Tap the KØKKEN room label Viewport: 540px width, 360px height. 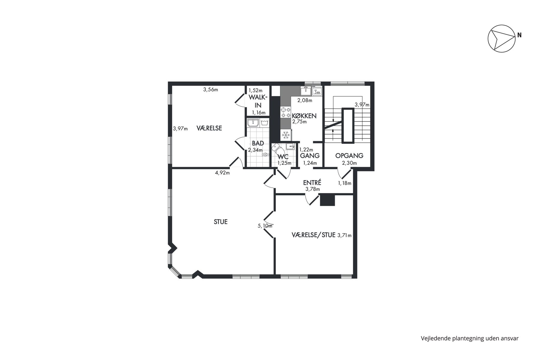[x=304, y=116]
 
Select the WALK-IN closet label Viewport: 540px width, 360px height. [x=258, y=101]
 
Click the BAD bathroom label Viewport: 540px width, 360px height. [x=258, y=143]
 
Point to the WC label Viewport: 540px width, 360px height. [x=283, y=157]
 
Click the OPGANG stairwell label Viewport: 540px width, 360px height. [x=349, y=156]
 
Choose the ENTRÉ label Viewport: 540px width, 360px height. [x=312, y=182]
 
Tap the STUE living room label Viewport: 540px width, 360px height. [x=220, y=222]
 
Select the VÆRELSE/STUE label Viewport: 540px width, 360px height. [x=313, y=235]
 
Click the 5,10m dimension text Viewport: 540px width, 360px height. [x=265, y=226]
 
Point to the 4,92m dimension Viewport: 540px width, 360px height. [x=222, y=173]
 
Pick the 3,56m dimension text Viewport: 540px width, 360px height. [x=211, y=89]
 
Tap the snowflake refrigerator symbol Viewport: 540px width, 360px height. [x=286, y=135]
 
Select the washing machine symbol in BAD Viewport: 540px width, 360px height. [x=264, y=122]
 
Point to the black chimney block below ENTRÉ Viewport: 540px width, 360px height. [x=327, y=200]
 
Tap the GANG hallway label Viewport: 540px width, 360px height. [x=310, y=156]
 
